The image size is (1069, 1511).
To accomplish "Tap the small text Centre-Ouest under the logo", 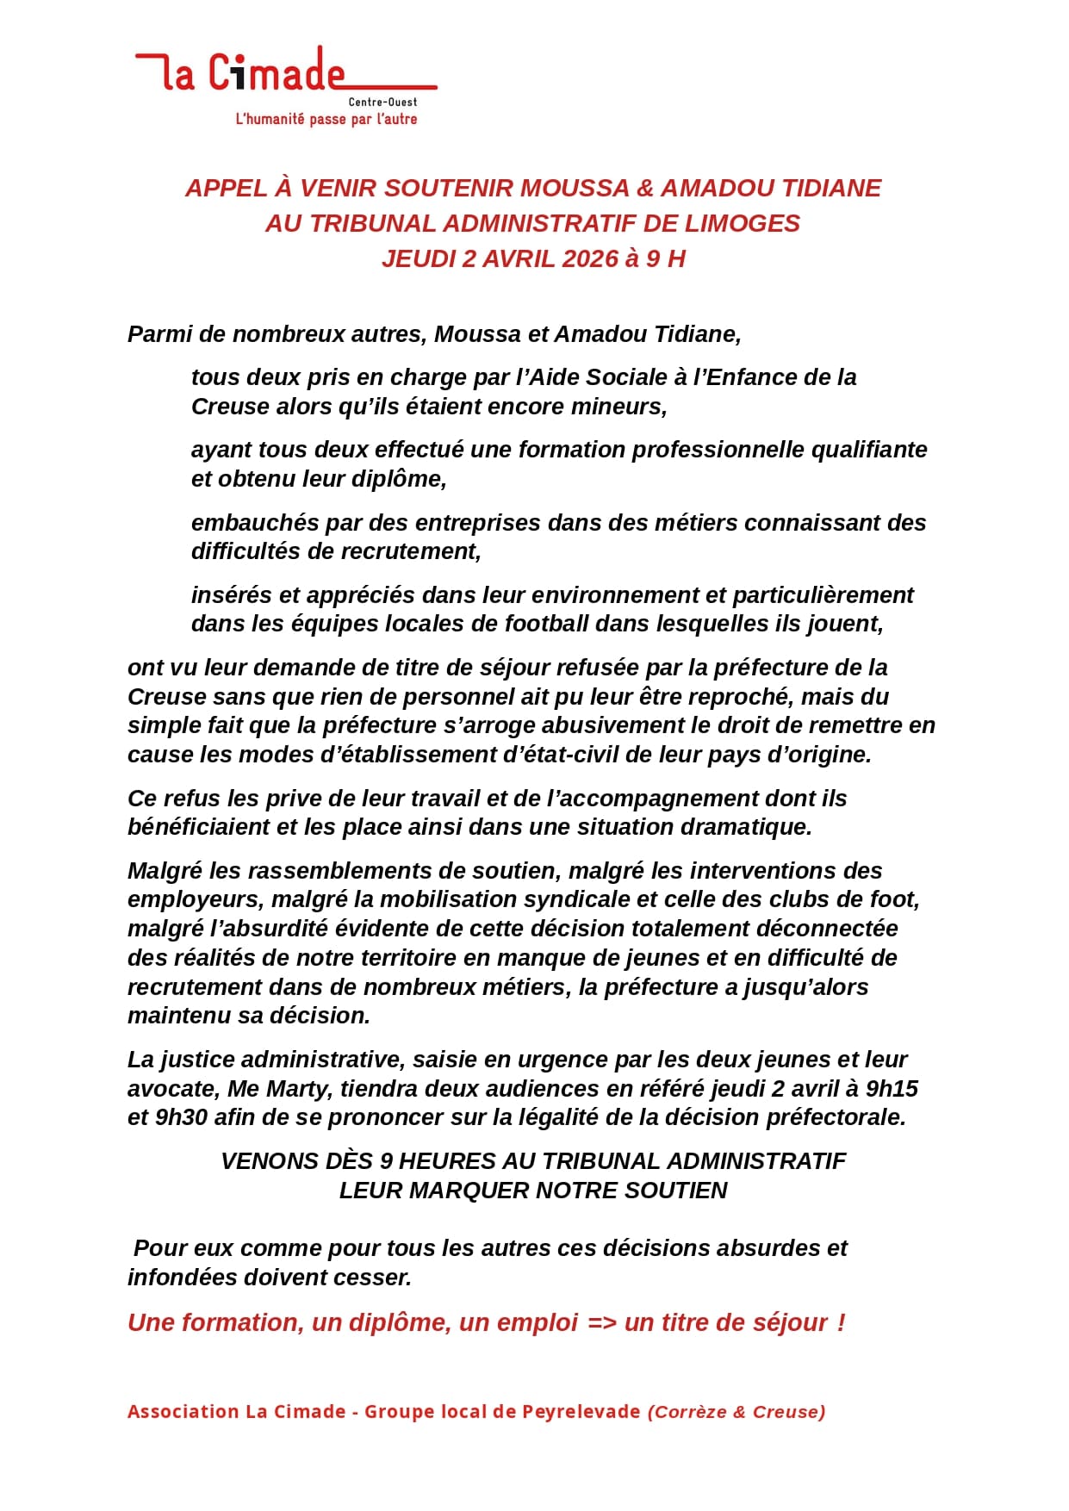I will [382, 103].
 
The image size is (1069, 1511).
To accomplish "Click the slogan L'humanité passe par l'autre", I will [326, 120].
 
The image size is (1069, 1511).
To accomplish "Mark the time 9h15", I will [892, 1089].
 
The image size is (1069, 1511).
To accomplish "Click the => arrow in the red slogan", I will [601, 1322].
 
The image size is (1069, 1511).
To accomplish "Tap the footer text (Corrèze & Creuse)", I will [736, 1412].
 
